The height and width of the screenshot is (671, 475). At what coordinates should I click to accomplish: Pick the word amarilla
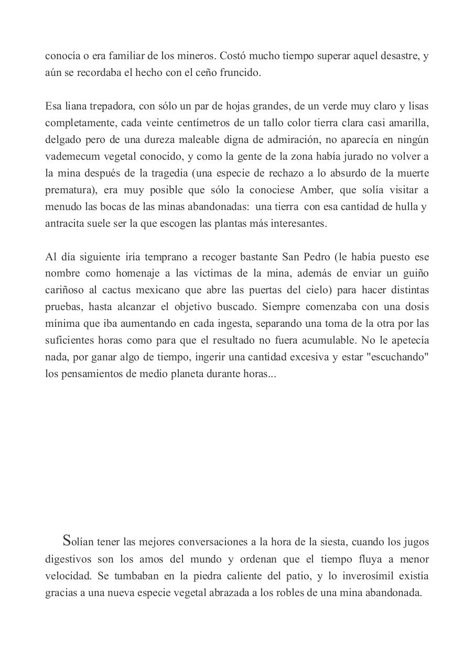click(410, 123)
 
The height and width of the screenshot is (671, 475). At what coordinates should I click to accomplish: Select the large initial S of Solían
click(67, 541)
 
